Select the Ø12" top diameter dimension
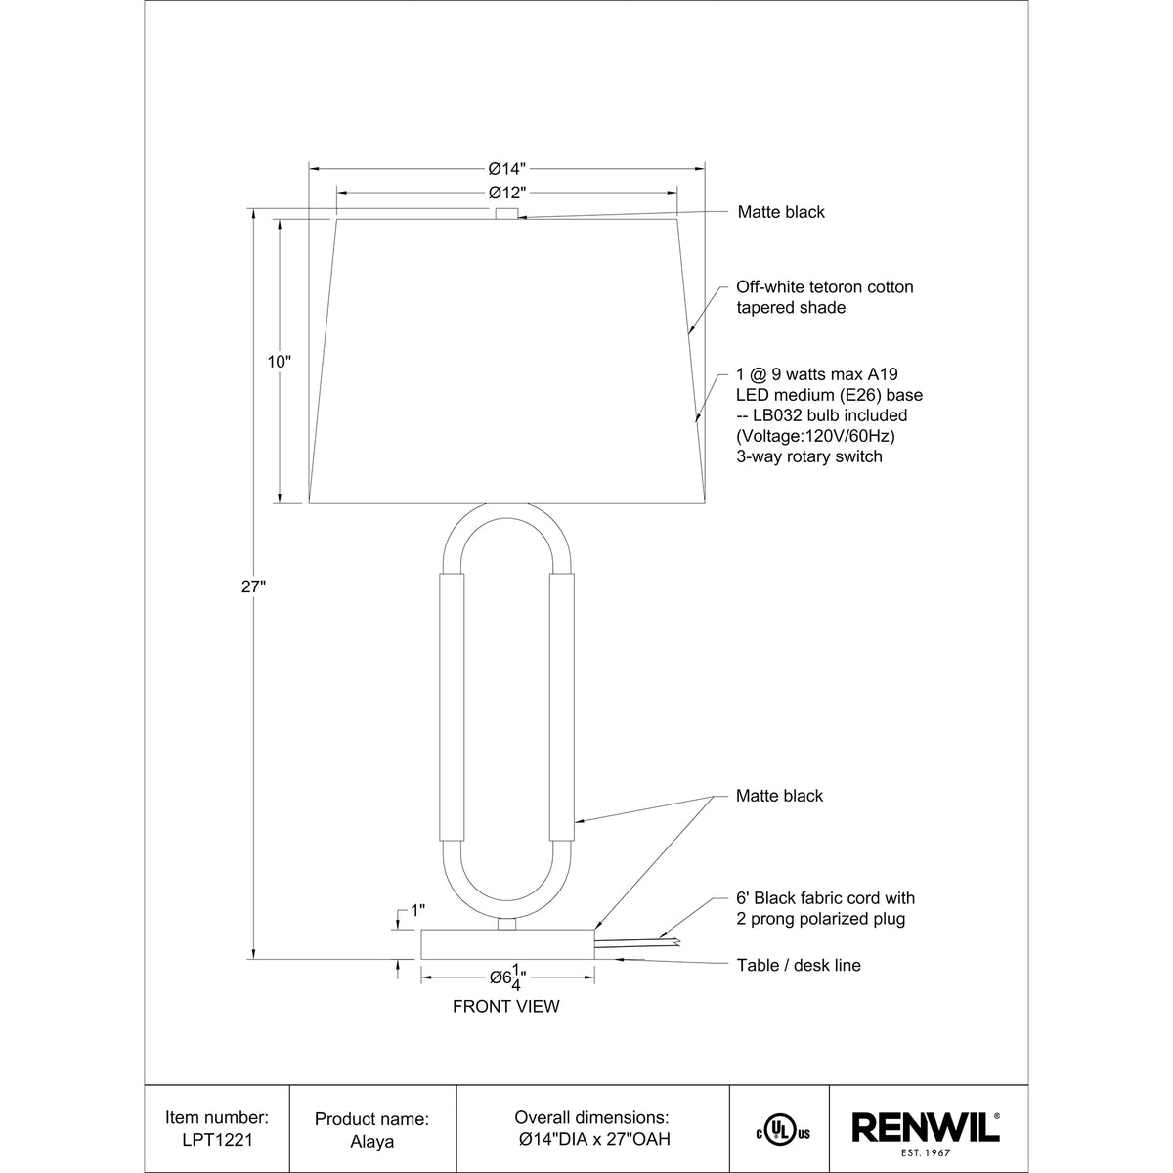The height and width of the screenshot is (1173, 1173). coord(507,193)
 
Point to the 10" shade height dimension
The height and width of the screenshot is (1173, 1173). coord(280,362)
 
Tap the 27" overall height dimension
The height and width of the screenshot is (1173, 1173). coord(253,586)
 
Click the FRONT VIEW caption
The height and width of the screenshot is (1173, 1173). coord(506,1006)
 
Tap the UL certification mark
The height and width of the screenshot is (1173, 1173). coord(782,1132)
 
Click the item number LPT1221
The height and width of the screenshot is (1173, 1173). coord(217,1139)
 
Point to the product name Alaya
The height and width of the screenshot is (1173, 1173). coord(371,1139)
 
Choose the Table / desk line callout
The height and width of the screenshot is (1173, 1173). coord(799,966)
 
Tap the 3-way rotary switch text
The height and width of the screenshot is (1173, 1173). coord(809,456)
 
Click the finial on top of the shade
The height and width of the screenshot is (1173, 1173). coord(506,213)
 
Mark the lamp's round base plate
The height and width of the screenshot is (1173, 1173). coord(506,944)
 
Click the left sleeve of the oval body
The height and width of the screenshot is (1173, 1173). coord(452,708)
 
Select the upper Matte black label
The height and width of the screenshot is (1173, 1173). coord(781,212)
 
